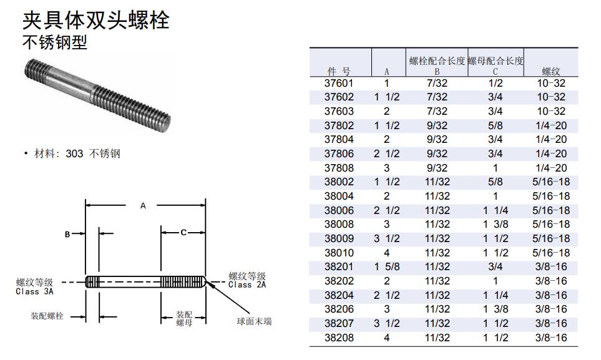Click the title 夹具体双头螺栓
pos(96,20)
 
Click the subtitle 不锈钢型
pos(55,42)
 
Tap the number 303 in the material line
pos(74,153)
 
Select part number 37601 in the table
pos(339,83)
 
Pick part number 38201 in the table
pos(339,267)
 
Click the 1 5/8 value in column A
pos(387,267)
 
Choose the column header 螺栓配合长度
pos(437,61)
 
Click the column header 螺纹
pos(551,71)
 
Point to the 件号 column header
pos(339,71)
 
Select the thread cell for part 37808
pos(551,168)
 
